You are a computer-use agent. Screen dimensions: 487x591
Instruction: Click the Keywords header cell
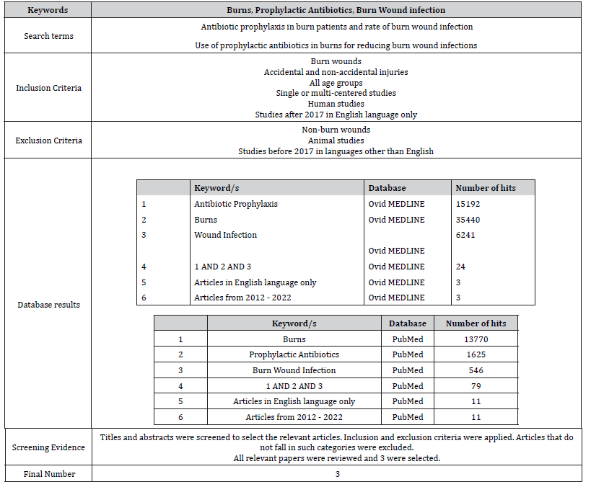[48, 10]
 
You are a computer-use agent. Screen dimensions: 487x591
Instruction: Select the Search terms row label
[48, 36]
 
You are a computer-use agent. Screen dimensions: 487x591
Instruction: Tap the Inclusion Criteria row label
[48, 88]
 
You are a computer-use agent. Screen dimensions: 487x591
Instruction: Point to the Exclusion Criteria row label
[48, 140]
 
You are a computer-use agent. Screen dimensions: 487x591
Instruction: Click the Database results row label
[48, 305]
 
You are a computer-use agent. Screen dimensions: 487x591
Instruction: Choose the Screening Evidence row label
[48, 447]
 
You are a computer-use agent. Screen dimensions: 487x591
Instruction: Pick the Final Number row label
[48, 474]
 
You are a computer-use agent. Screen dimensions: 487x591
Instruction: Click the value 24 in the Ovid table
[461, 267]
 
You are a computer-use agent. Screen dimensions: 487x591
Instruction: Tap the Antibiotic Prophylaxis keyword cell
[235, 204]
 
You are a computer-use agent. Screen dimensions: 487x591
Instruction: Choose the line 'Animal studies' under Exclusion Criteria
[336, 140]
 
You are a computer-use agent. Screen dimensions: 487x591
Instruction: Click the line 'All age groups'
[336, 83]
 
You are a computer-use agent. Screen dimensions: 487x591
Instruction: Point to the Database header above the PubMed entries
[407, 323]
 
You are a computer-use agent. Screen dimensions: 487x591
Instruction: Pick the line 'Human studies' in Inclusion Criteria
[336, 104]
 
